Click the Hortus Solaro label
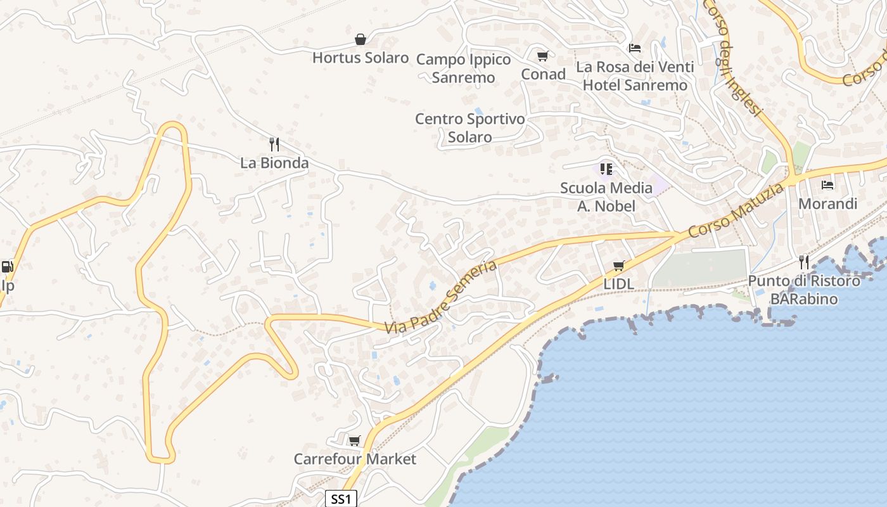(x=361, y=58)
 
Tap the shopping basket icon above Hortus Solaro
(x=361, y=39)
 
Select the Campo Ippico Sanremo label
(x=463, y=68)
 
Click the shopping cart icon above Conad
(x=542, y=56)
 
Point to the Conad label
(x=543, y=74)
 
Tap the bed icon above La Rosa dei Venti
(x=635, y=48)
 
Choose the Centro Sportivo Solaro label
(x=470, y=127)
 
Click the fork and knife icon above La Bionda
(x=274, y=144)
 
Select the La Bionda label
(x=274, y=163)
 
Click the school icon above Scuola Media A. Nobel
(x=606, y=169)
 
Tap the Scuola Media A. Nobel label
(x=606, y=196)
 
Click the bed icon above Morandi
(x=827, y=185)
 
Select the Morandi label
(x=827, y=203)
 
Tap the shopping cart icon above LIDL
(x=618, y=266)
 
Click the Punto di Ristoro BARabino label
(x=804, y=290)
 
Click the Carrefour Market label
(x=355, y=459)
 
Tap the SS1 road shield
(x=341, y=499)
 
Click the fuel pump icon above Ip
(x=7, y=267)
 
